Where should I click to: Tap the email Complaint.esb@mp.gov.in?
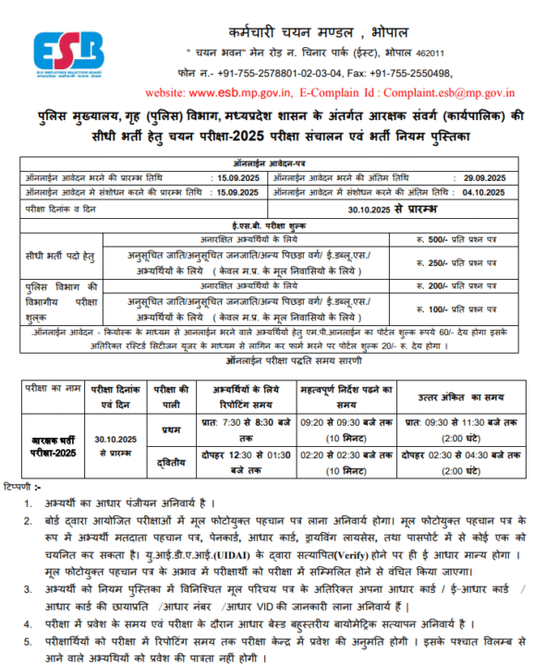[x=447, y=93]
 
